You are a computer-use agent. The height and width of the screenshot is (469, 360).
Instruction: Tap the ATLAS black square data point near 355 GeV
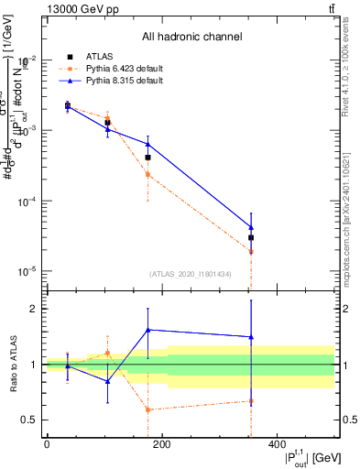[x=250, y=237]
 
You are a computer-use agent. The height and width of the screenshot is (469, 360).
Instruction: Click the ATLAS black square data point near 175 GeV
[x=147, y=158]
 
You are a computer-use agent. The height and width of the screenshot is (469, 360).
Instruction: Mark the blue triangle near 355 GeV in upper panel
[x=250, y=227]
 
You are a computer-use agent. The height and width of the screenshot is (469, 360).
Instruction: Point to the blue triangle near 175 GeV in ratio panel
[x=147, y=330]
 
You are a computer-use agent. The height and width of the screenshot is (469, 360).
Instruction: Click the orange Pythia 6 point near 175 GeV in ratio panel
[x=147, y=409]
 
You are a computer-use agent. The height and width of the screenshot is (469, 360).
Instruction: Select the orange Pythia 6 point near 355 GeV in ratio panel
[x=250, y=401]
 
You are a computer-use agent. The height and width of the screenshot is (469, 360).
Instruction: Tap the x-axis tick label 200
[x=161, y=444]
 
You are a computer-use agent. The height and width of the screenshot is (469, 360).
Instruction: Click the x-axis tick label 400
[x=277, y=444]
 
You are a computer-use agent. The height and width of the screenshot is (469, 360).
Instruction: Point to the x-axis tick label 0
[x=47, y=444]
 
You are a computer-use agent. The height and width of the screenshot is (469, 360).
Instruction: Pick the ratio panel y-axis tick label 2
[x=32, y=309]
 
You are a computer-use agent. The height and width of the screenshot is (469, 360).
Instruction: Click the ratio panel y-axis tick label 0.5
[x=28, y=420]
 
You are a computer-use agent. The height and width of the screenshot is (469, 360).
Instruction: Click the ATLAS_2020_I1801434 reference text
[x=191, y=274]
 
